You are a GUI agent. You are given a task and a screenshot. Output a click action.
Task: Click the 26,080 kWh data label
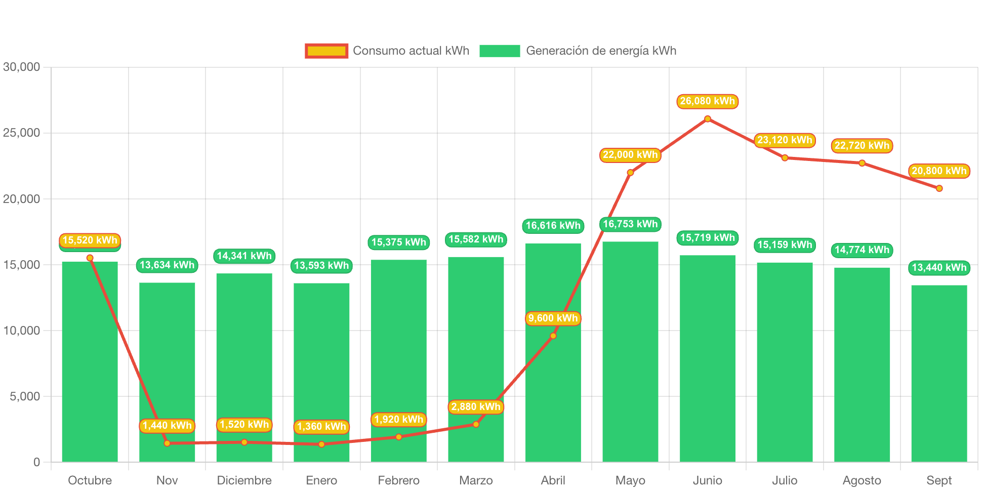(x=707, y=101)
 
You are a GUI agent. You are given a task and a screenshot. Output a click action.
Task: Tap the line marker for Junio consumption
(x=708, y=119)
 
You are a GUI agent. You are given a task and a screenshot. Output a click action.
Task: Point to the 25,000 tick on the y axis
(x=21, y=133)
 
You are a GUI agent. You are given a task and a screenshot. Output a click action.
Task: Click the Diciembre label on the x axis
(x=244, y=480)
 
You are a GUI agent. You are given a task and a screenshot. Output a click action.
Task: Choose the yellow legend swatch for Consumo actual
(x=326, y=51)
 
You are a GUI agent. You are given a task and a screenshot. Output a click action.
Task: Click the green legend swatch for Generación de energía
(x=500, y=51)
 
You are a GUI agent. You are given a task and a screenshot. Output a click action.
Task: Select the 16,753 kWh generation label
(x=630, y=224)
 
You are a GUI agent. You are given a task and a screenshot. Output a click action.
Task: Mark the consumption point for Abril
(x=553, y=336)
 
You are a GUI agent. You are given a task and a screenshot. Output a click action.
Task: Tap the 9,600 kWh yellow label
(x=553, y=318)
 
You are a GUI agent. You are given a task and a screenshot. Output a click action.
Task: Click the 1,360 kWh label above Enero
(x=321, y=427)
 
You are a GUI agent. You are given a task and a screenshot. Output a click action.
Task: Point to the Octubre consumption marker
(x=90, y=258)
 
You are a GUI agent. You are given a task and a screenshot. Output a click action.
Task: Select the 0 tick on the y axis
(x=36, y=462)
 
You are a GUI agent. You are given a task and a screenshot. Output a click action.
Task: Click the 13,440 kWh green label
(x=939, y=268)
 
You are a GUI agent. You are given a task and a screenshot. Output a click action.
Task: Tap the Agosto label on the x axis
(x=862, y=480)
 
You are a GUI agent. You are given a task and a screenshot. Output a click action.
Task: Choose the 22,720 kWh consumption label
(x=862, y=146)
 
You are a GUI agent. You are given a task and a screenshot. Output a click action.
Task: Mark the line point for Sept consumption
(x=939, y=188)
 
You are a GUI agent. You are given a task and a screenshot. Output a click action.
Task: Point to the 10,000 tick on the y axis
(x=21, y=331)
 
